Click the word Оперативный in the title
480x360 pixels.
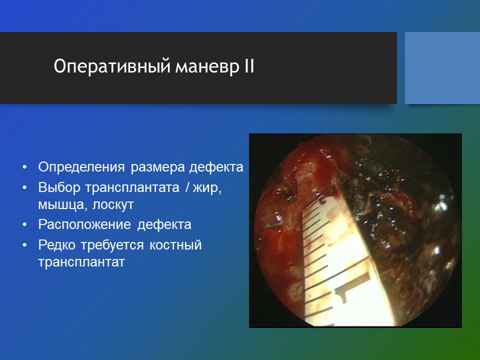coord(111,66)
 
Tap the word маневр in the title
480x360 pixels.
coord(207,66)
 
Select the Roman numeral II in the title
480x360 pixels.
coord(249,66)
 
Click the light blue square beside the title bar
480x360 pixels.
coord(442,68)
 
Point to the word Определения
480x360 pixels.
coord(81,167)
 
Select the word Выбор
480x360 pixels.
coord(59,187)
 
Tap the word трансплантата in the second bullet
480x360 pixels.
coord(132,187)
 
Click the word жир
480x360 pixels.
coord(207,187)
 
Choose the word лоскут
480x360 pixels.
coord(113,205)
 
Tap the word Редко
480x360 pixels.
coord(56,245)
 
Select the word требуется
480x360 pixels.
coord(112,245)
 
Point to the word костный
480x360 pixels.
coord(175,245)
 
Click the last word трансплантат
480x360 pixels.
coord(81,262)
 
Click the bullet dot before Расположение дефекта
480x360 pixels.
coord(25,225)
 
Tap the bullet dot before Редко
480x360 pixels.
coord(25,245)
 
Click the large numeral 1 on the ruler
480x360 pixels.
coord(352,288)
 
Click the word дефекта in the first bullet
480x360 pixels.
coord(216,167)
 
